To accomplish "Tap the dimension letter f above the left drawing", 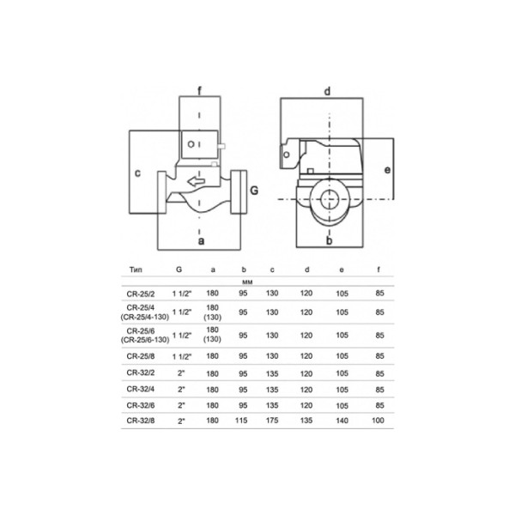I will click(200, 88).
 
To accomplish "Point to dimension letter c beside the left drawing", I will click(137, 173).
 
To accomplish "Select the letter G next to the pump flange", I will click(253, 188).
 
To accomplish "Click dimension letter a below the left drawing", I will click(201, 242).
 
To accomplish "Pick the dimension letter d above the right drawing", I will click(328, 90).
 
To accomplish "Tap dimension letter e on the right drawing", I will click(388, 169).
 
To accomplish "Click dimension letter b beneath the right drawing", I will click(329, 242).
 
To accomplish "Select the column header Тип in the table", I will click(136, 270).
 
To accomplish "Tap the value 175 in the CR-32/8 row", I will click(272, 421).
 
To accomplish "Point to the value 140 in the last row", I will click(342, 421).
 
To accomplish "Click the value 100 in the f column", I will click(379, 421).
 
